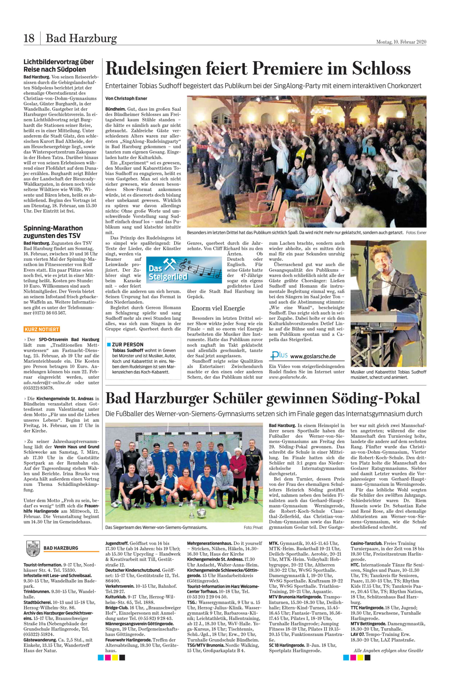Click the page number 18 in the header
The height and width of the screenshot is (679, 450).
pyautogui.click(x=29, y=38)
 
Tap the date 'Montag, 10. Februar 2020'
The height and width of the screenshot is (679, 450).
pyautogui.click(x=401, y=42)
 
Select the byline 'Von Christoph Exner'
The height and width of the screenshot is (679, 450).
pyautogui.click(x=126, y=98)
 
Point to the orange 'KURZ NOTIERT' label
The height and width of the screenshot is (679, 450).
pyautogui.click(x=42, y=329)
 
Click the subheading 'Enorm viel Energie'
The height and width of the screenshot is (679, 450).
pyautogui.click(x=218, y=308)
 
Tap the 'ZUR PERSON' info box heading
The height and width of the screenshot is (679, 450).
pyautogui.click(x=127, y=344)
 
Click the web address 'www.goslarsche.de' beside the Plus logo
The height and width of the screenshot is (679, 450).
pyautogui.click(x=313, y=356)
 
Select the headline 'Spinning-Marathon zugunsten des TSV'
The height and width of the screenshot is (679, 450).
pyautogui.click(x=53, y=232)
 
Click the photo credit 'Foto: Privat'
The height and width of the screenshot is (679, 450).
pyautogui.click(x=253, y=527)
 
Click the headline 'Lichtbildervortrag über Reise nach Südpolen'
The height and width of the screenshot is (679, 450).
pyautogui.click(x=59, y=66)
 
